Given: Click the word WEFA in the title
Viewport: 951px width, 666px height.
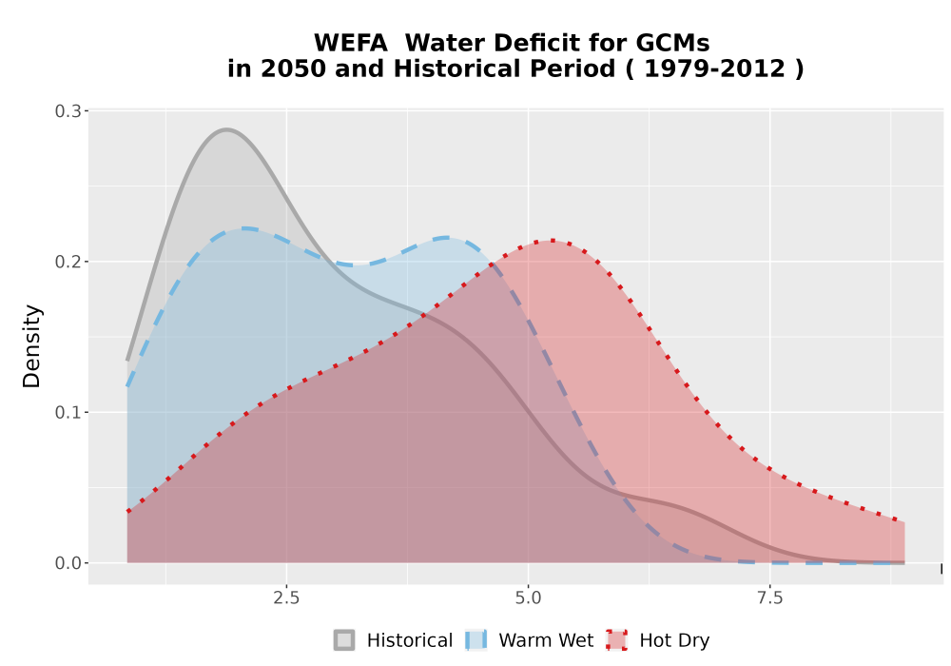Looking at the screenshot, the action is tap(351, 43).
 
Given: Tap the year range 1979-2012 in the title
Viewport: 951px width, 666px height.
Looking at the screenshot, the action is tap(714, 69).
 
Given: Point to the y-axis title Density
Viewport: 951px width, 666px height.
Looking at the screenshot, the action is tap(31, 346).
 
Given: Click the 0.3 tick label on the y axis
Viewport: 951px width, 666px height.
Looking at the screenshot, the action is tap(68, 111).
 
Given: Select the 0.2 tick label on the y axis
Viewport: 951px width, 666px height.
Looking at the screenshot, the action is tap(68, 262).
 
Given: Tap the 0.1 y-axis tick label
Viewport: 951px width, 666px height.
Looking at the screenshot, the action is tap(68, 413).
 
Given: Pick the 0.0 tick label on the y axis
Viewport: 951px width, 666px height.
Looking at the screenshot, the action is tap(68, 563).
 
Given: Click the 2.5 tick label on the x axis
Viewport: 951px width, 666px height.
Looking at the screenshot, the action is tap(286, 598).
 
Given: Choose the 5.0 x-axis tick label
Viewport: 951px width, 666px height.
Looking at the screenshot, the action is tap(528, 598).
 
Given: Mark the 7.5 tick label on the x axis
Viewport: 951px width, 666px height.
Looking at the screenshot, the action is tap(769, 598).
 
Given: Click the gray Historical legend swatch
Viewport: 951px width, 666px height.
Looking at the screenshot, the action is tap(344, 640).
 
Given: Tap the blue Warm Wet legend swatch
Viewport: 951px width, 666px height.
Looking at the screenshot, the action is tap(476, 640).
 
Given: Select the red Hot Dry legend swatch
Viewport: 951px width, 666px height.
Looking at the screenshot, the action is tap(617, 640).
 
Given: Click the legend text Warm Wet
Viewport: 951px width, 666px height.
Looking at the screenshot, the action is tap(546, 640).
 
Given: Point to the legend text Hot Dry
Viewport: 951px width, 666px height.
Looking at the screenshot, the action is tap(674, 641).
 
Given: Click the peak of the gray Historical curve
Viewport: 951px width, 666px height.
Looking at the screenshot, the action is tap(226, 129).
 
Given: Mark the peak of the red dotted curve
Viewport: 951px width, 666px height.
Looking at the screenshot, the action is tap(551, 241).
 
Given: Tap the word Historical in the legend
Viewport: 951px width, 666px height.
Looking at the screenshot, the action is tap(410, 640).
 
